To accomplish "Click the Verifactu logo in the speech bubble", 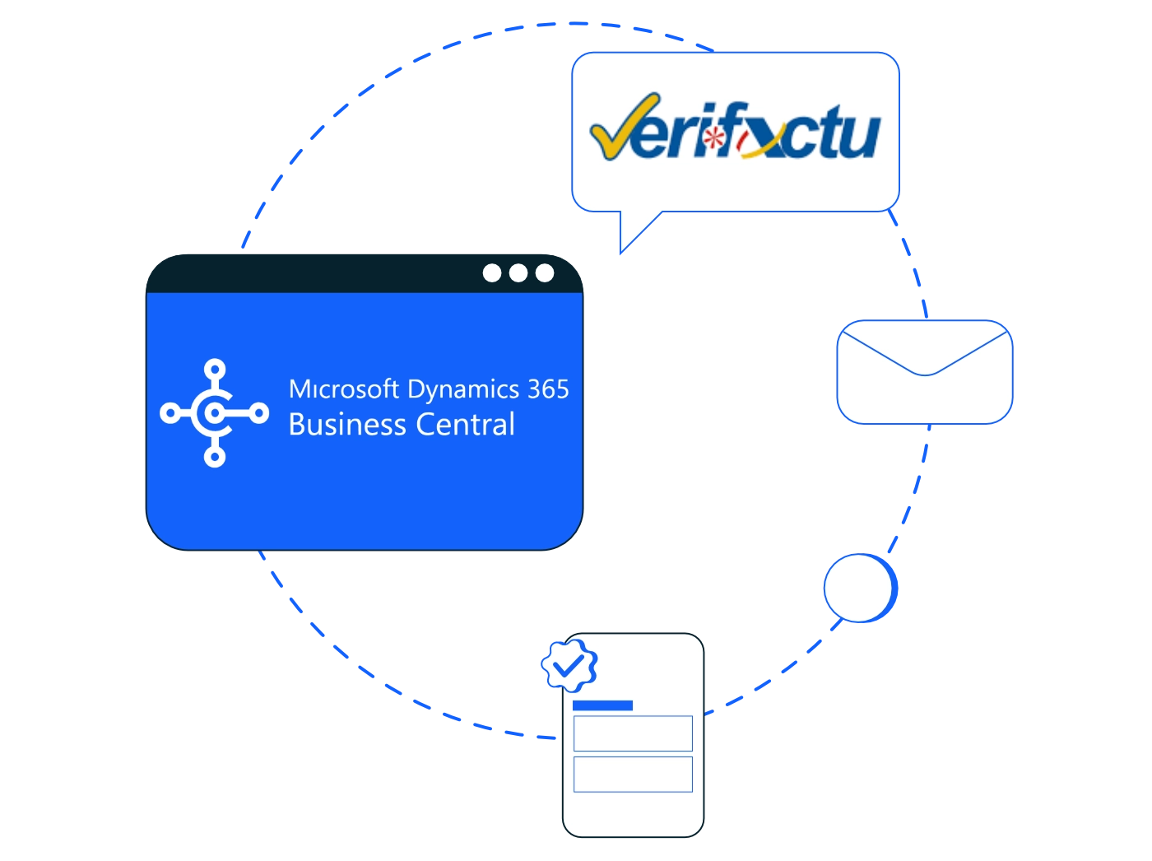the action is [735, 127].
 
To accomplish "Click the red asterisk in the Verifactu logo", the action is [713, 138].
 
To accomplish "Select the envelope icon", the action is [924, 372].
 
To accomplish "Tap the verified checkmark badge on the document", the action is [569, 665].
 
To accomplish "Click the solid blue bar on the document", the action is [602, 705].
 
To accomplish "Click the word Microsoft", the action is [344, 389].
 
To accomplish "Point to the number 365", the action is [549, 389].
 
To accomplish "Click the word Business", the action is [347, 424].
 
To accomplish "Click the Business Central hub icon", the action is [215, 413].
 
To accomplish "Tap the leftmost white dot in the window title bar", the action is [492, 273].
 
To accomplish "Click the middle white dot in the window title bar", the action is [518, 273].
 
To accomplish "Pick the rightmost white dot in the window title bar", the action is [544, 273].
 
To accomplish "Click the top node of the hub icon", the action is [215, 370].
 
